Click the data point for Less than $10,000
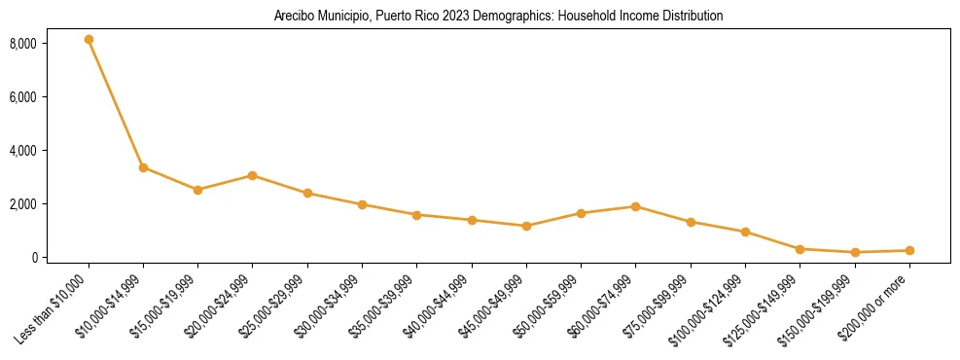[89, 40]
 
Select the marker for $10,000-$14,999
[143, 167]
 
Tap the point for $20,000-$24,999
[253, 176]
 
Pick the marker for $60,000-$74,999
[635, 206]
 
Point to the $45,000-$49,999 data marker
[526, 227]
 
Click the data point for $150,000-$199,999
[854, 252]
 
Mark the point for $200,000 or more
[909, 250]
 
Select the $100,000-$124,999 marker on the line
[745, 232]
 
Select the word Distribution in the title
[693, 17]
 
